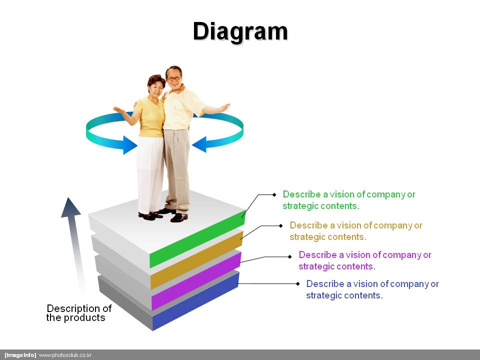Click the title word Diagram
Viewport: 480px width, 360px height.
tap(240, 32)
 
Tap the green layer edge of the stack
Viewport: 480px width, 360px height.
tap(197, 239)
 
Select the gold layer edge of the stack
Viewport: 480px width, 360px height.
tap(196, 261)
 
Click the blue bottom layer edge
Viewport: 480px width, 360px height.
tap(195, 302)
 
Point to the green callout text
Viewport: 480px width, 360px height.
tap(349, 200)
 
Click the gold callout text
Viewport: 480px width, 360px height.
tap(356, 231)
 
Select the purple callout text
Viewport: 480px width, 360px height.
tap(365, 260)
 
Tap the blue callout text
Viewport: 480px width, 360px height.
tap(372, 289)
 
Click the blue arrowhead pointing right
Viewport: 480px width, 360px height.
tap(130, 145)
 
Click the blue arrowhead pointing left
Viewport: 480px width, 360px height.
tap(199, 144)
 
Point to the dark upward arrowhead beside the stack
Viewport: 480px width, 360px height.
tap(70, 207)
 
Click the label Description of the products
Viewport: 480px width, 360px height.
tap(79, 313)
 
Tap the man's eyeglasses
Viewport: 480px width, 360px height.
tap(174, 78)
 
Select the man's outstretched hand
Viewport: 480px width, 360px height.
tap(224, 107)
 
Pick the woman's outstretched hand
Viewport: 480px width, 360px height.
tap(118, 109)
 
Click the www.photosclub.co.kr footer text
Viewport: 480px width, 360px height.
tap(65, 355)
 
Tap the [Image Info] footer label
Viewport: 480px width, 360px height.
tap(20, 355)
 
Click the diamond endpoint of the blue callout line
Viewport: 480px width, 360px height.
tap(298, 284)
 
